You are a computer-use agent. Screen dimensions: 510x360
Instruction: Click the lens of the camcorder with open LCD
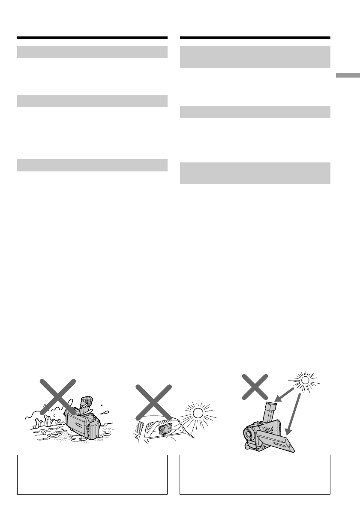coord(249,434)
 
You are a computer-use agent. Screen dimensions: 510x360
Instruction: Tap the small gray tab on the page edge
coord(348,76)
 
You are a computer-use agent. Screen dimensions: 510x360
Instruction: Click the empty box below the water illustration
coord(92,474)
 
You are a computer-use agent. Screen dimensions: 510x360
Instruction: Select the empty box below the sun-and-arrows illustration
coord(255,474)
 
